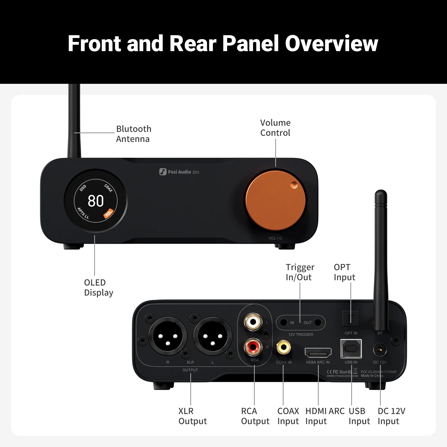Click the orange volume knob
(x=275, y=201)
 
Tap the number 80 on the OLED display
(x=96, y=201)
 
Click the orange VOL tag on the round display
(x=108, y=213)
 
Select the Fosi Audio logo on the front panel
(x=179, y=172)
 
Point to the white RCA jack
(x=253, y=322)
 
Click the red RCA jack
(x=253, y=347)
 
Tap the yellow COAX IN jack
(x=284, y=348)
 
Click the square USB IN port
(x=351, y=349)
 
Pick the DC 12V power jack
(x=380, y=350)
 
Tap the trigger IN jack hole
(x=284, y=323)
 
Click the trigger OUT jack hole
(x=318, y=323)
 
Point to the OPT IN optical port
(x=351, y=318)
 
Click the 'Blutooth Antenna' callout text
(x=134, y=134)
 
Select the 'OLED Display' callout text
(x=98, y=287)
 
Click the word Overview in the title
(x=331, y=44)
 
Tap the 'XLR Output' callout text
(x=192, y=416)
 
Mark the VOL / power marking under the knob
(x=275, y=238)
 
